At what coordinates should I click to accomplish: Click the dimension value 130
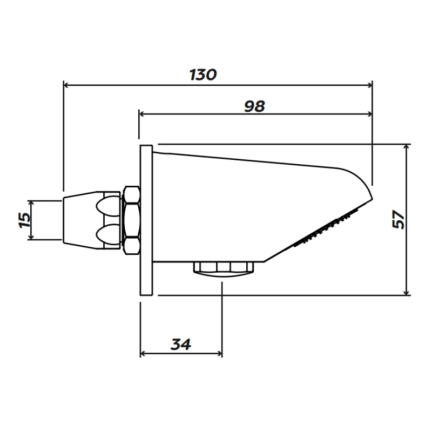click(x=203, y=75)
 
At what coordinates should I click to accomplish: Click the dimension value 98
click(x=254, y=106)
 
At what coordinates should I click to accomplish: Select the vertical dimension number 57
click(x=398, y=219)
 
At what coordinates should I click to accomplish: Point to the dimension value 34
click(x=181, y=344)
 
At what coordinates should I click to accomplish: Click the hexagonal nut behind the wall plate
click(x=131, y=220)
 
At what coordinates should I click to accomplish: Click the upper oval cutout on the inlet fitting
click(x=107, y=205)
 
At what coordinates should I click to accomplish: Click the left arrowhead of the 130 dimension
click(x=67, y=84)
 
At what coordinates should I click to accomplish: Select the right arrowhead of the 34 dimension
click(x=219, y=354)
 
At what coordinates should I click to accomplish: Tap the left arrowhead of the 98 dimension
click(x=142, y=113)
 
